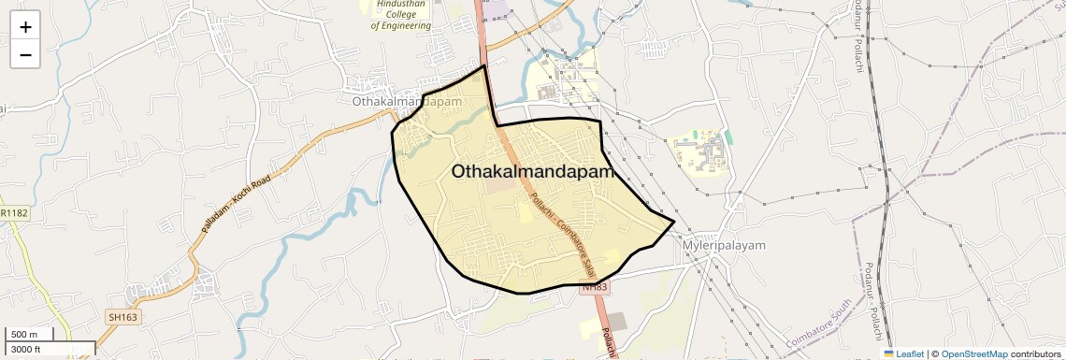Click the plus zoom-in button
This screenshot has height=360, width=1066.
point(25,26)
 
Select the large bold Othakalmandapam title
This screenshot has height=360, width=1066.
point(532,172)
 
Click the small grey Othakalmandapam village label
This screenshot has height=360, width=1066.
point(409,101)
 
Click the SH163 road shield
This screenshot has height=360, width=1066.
point(122,318)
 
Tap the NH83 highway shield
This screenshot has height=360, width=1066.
point(595,287)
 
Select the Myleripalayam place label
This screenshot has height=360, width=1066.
point(724,245)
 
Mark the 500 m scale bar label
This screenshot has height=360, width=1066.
point(24,335)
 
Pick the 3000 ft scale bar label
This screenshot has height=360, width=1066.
point(27,349)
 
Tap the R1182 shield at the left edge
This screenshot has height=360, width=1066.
point(13,214)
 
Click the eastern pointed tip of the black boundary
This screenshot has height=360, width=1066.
point(674,222)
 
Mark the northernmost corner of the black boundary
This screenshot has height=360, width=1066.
point(484,66)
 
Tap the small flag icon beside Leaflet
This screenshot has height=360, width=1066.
point(889,353)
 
